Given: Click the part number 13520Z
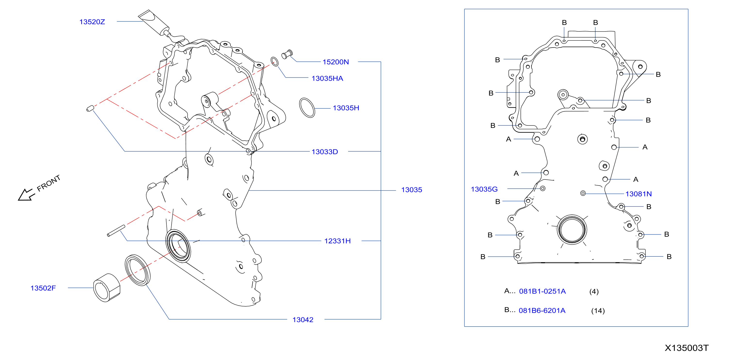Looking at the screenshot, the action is (x=92, y=22).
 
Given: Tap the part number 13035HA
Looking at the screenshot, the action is (x=327, y=78).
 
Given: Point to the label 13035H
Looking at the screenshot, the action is (x=346, y=108).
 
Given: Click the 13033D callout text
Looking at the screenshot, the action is (x=325, y=152).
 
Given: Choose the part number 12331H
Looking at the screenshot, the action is (x=337, y=241).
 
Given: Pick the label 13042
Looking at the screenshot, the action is (x=303, y=320).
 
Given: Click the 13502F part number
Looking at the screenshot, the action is (x=43, y=288).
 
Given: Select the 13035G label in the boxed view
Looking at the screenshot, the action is (x=484, y=189).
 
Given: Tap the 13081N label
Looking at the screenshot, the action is (x=638, y=194).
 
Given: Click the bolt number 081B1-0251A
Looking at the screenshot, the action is (x=542, y=291).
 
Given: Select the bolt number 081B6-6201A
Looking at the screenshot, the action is (x=542, y=311).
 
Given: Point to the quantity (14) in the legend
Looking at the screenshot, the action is (x=598, y=311).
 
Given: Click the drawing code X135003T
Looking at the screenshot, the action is (x=686, y=348).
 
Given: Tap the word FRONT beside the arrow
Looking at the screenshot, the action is (x=49, y=183).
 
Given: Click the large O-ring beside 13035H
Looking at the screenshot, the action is (x=307, y=108).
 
